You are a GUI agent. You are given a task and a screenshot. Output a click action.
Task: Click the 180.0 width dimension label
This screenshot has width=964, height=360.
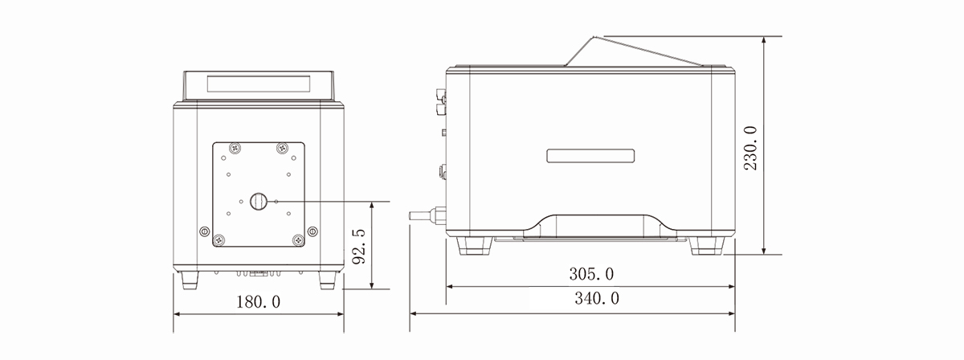(258, 302)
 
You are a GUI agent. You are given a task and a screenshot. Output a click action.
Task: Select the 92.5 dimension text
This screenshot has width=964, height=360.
(358, 246)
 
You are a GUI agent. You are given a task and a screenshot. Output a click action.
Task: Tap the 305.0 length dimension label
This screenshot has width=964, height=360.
(591, 274)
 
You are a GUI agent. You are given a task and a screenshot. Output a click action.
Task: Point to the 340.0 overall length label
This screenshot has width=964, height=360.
(597, 298)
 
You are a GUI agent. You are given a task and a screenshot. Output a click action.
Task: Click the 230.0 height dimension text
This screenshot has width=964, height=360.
(750, 148)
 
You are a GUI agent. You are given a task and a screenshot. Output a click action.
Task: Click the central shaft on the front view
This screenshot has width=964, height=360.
(259, 201)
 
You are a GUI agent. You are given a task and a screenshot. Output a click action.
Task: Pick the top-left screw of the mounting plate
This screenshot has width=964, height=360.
(235, 148)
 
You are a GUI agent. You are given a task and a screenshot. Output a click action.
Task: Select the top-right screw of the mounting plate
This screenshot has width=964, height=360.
(282, 148)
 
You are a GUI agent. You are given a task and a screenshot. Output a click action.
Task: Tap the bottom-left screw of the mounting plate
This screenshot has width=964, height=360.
(219, 239)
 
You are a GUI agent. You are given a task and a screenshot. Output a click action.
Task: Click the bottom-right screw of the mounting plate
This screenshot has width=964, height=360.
(298, 239)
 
